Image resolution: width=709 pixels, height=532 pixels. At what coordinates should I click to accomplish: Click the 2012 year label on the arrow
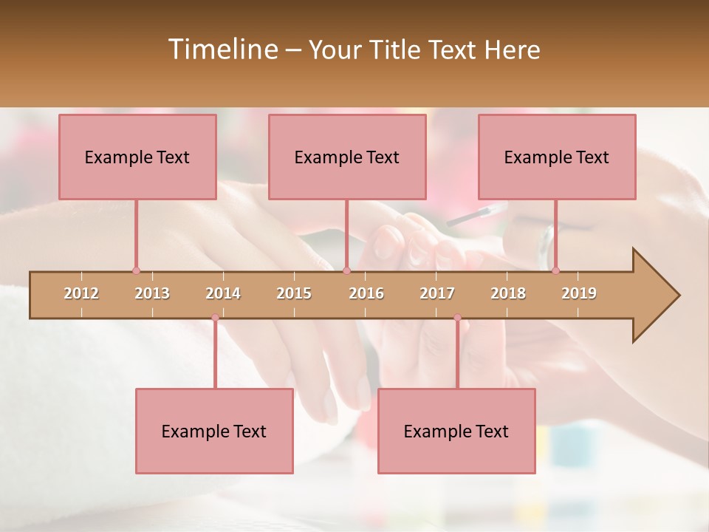(81, 293)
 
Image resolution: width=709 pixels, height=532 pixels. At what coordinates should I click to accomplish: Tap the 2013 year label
(152, 293)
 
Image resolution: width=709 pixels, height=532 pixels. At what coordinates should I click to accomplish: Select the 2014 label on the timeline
(223, 293)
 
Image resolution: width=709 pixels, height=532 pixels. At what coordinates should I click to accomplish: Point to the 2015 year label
(294, 293)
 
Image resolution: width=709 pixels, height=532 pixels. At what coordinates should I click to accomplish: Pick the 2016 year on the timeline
(366, 293)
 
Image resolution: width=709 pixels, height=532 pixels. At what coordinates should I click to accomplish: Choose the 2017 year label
(437, 293)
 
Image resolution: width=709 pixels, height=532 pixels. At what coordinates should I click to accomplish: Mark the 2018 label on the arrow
(508, 293)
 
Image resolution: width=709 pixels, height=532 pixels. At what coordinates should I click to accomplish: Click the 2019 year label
(579, 293)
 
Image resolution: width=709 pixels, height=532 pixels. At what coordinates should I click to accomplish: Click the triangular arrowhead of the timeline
(654, 296)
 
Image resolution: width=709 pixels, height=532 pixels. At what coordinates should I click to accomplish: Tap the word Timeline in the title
(222, 50)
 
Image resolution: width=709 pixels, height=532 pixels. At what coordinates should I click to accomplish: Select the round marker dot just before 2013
(136, 270)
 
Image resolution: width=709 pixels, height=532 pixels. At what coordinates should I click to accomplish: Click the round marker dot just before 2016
(346, 270)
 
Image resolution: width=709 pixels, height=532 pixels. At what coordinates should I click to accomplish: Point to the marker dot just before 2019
(555, 270)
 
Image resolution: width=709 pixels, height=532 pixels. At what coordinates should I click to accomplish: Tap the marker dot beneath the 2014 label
(215, 318)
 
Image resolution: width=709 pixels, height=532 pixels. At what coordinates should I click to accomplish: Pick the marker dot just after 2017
(457, 318)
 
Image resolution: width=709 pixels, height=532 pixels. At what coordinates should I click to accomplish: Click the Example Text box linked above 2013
(137, 157)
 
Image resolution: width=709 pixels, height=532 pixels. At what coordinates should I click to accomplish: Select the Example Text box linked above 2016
(347, 157)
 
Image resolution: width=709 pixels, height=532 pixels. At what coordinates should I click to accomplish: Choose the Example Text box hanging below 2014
(214, 431)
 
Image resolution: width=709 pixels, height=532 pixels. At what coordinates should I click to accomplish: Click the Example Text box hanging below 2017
(456, 431)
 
